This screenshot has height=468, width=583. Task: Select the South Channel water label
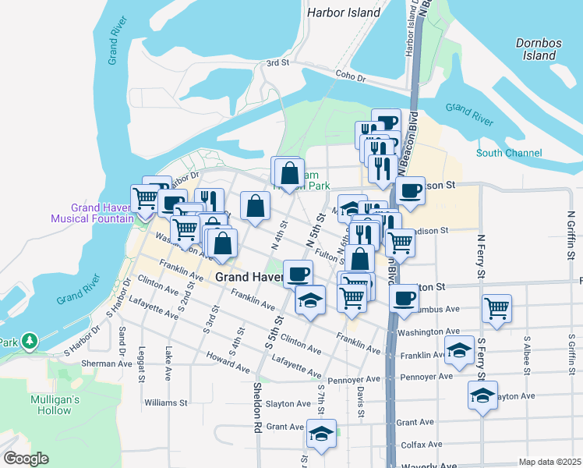coord(509,153)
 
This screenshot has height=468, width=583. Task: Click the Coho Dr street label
coord(351,76)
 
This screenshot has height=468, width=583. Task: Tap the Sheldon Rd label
coord(256,406)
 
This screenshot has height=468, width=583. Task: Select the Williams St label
coord(166,403)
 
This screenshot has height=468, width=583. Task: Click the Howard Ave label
coord(228,360)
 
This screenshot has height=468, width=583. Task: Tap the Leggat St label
coord(142,363)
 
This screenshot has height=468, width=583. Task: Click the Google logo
coord(26,459)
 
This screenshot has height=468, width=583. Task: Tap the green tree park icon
coord(30,341)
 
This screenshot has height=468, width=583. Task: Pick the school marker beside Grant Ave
coord(321,434)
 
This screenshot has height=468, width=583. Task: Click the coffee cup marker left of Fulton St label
coord(297,273)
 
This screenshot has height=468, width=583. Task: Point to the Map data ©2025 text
coord(549,462)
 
